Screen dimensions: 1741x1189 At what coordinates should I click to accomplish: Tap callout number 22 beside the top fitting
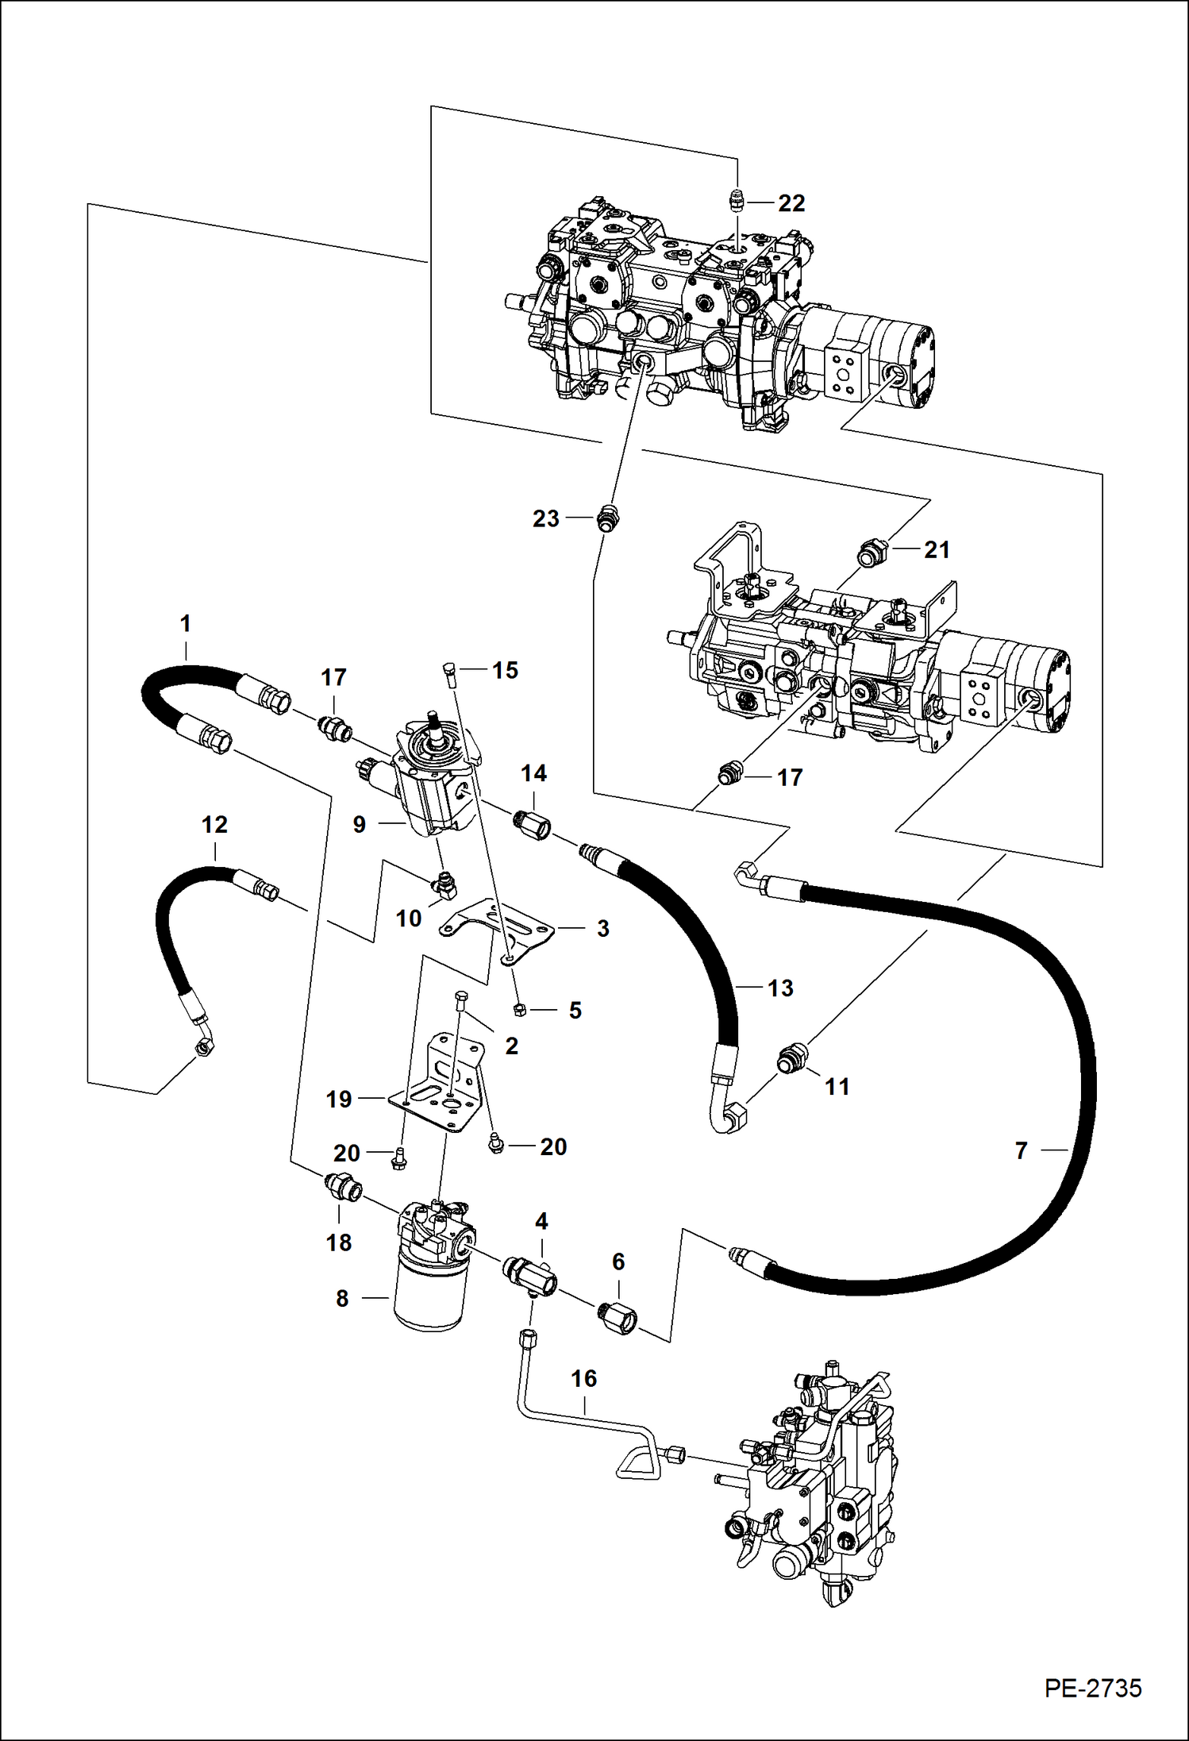[791, 203]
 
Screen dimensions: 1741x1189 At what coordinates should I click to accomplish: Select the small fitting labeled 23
[606, 518]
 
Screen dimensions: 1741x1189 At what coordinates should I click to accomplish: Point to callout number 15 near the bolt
[505, 670]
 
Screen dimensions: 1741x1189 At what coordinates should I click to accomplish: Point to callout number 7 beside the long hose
[1021, 1150]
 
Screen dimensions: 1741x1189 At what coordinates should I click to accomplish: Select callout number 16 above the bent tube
[583, 1378]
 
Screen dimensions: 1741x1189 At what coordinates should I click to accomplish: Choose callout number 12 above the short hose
[214, 825]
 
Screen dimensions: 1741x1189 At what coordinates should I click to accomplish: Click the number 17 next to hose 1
[333, 677]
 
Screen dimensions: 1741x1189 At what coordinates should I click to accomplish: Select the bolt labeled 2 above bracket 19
[460, 1002]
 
